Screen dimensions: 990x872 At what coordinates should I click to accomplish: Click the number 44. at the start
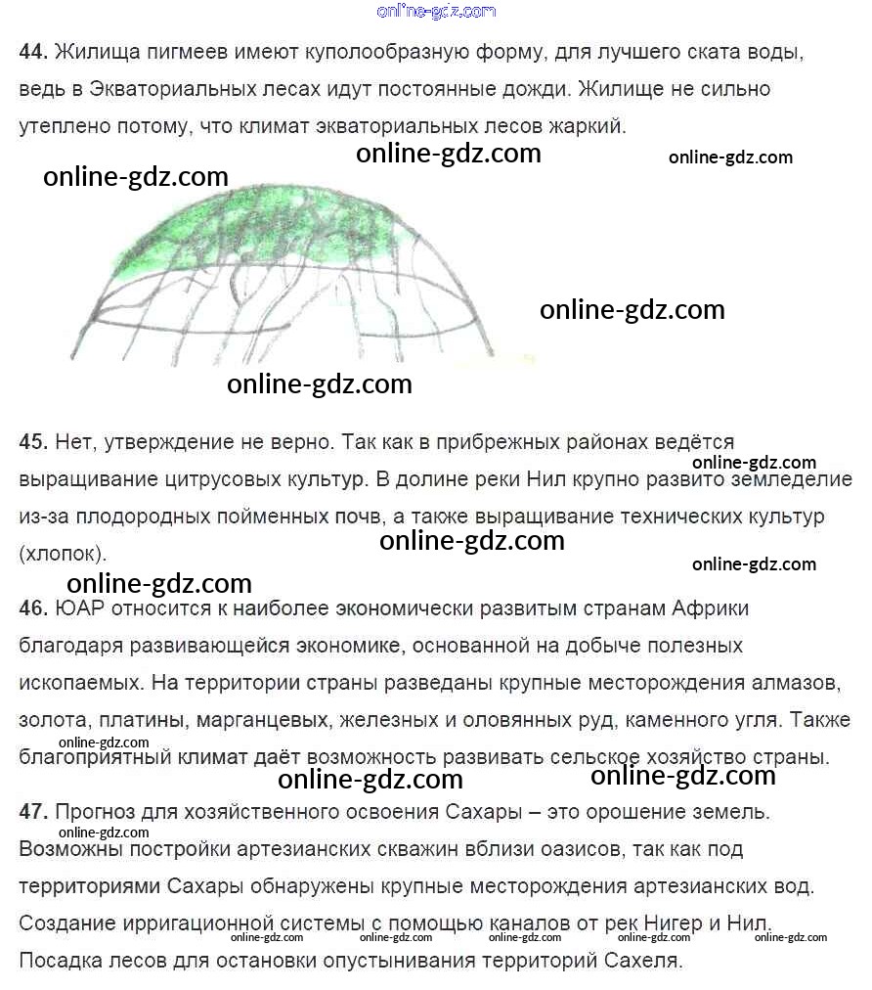tap(33, 52)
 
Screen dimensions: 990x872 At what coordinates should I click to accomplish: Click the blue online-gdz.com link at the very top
tap(436, 11)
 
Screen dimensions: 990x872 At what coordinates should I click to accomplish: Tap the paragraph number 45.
tap(33, 442)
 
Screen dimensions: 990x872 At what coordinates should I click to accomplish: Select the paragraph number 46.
tap(33, 608)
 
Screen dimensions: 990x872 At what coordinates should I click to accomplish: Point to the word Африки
tap(711, 608)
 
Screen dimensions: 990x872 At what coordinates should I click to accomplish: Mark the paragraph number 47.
tap(33, 811)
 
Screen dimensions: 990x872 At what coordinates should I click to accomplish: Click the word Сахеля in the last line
tap(640, 960)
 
